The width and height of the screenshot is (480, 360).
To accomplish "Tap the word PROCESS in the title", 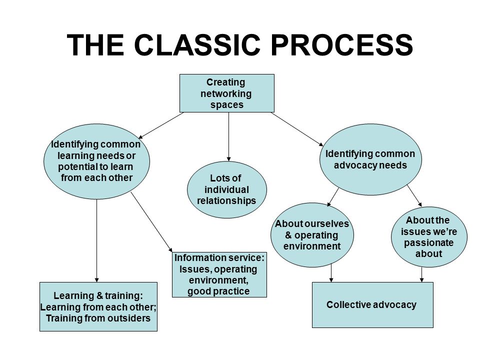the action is point(342,44).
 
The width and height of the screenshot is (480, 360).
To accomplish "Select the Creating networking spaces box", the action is point(227,93).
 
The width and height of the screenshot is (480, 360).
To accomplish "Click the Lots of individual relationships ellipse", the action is point(227,189).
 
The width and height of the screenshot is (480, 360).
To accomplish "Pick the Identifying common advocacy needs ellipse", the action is point(370,159).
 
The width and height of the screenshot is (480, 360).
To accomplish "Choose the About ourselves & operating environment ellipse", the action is point(312,235).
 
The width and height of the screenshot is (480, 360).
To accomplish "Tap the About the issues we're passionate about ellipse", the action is point(429,236).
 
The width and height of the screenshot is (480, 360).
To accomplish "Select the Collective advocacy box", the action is point(372,305).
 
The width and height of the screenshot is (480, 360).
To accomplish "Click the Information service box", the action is point(219,274).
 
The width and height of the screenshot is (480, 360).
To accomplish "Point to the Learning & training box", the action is point(98,306).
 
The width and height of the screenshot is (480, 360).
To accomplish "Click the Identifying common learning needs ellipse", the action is point(96,161).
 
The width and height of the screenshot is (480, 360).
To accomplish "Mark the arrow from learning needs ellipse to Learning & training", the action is point(96,241).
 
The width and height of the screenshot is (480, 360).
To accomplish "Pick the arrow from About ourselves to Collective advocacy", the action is point(331,273).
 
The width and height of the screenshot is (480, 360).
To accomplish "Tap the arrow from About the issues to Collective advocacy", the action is point(422,274).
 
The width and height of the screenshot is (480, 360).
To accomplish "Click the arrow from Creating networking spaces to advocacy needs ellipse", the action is point(297,129).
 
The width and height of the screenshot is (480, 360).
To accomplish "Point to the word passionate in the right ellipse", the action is point(428,242).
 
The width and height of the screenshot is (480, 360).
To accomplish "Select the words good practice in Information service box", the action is point(218,291).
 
